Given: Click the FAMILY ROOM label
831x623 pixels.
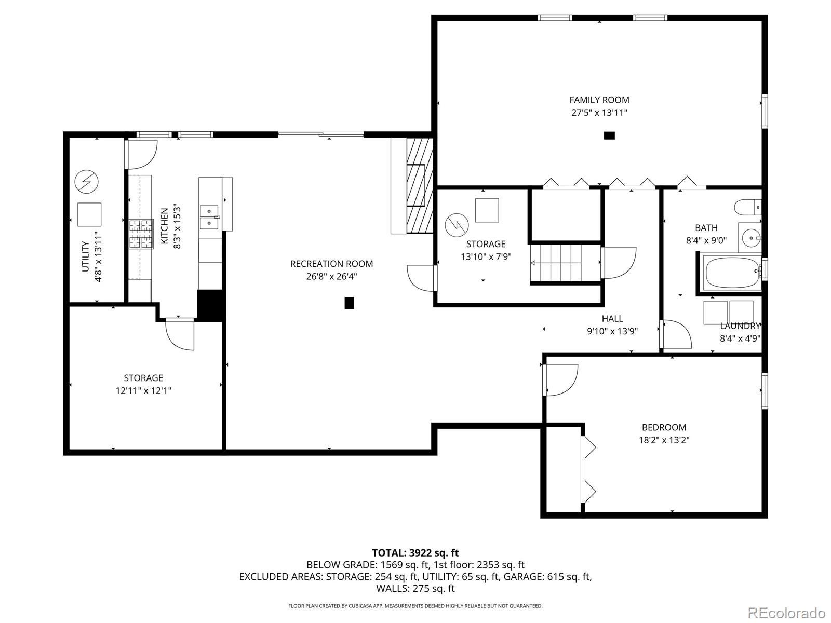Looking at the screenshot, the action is (599, 100).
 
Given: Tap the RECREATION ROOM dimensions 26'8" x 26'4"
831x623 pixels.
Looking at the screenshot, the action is (332, 277).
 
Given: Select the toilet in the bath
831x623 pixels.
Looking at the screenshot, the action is (748, 208).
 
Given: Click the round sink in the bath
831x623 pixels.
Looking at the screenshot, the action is (750, 238).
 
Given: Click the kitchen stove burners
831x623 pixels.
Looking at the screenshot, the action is (141, 234).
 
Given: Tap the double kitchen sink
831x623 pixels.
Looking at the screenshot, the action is (209, 217).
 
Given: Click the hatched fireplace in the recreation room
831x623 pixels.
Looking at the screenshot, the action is (420, 185).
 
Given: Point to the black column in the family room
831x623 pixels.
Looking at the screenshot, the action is (609, 136).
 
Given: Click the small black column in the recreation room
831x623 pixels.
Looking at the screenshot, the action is (349, 303).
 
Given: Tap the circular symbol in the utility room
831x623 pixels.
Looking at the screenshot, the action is (86, 182).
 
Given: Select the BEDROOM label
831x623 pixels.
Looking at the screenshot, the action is (664, 427).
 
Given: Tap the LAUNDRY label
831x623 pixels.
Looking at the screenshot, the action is (740, 326).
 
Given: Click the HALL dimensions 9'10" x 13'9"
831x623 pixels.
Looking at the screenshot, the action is (612, 331).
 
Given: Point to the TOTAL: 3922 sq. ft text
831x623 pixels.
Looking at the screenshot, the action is (415, 553).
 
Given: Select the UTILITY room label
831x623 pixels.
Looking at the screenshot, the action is (85, 256).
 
